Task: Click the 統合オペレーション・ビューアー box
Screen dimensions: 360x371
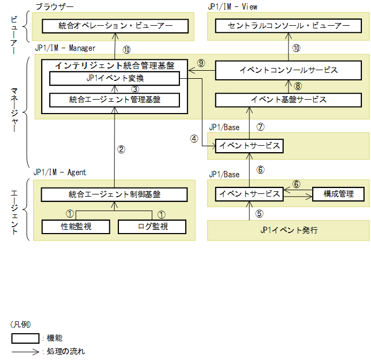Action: tap(115, 26)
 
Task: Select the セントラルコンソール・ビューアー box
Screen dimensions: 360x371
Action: tap(289, 26)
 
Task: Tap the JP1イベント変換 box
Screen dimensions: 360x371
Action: tap(115, 79)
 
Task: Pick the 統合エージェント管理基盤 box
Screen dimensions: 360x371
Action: tap(115, 99)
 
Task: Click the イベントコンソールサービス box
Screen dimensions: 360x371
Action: tap(289, 70)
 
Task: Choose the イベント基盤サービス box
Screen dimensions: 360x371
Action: tap(289, 99)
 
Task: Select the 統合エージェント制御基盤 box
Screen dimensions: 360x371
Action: tap(115, 194)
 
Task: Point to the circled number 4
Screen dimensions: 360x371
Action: tap(194, 138)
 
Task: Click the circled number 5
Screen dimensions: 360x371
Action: tap(260, 213)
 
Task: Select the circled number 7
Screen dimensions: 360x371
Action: tap(261, 127)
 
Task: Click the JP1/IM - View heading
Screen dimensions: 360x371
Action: tap(232, 6)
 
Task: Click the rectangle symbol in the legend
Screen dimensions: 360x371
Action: tap(25, 338)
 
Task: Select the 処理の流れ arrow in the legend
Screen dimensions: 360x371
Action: tap(25, 352)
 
